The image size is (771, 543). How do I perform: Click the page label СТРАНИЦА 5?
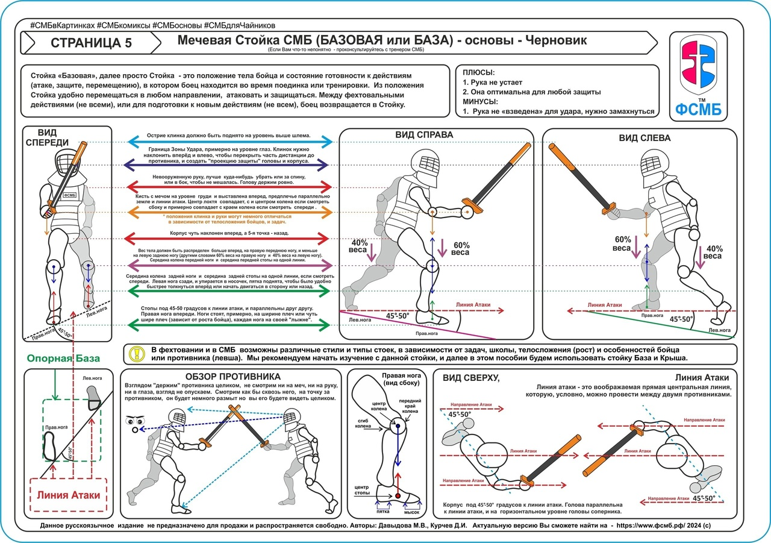coord(91,43)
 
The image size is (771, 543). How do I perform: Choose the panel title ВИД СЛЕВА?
coord(645,138)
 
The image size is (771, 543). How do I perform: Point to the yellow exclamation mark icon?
coord(138,353)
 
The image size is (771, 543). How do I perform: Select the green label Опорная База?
coord(63,359)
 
